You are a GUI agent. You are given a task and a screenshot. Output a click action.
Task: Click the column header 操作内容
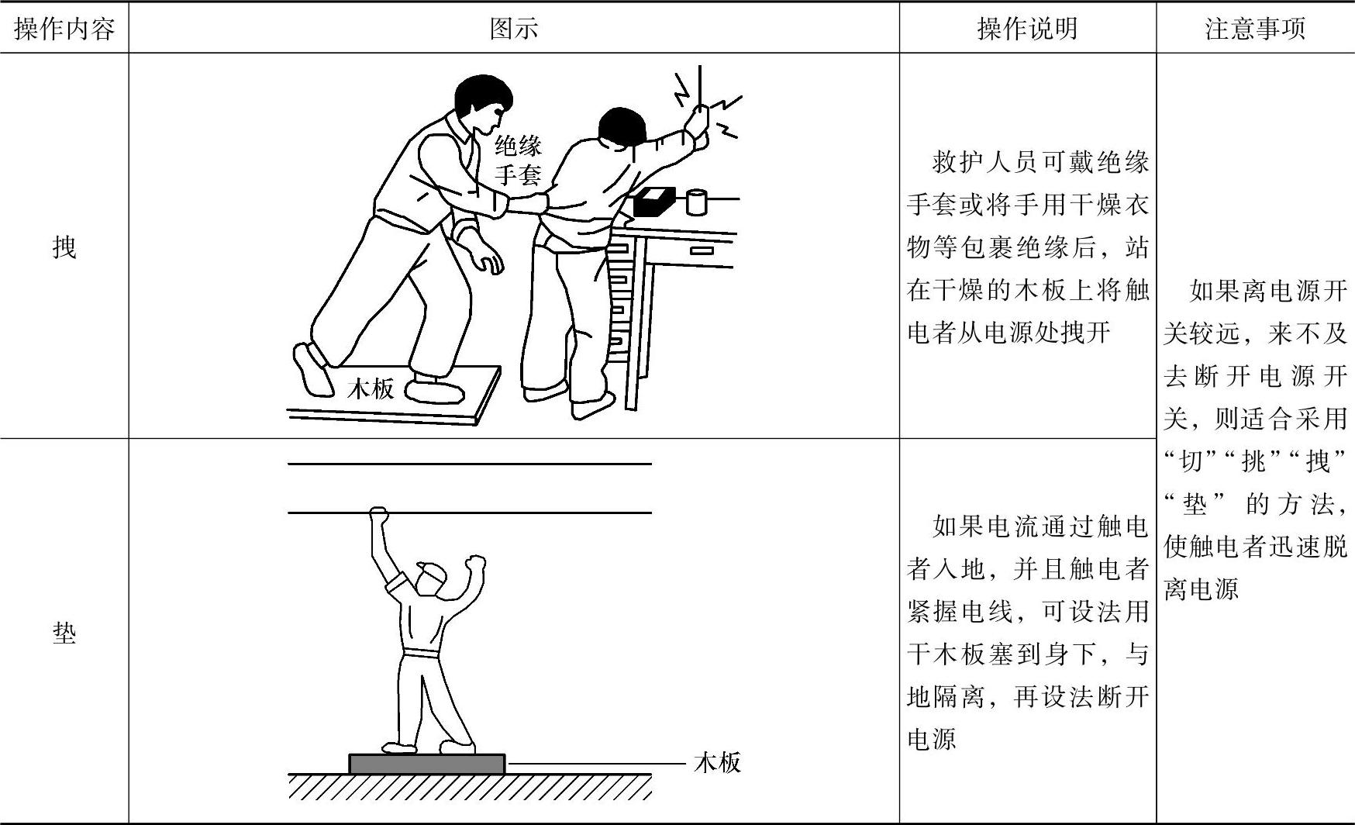64,29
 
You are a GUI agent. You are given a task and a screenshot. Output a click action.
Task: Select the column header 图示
514,29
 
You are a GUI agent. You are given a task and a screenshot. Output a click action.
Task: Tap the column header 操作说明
1027,29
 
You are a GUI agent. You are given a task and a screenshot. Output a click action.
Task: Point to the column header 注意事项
1255,29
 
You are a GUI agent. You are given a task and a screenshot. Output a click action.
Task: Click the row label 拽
64,247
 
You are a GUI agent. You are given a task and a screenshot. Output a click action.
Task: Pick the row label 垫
64,633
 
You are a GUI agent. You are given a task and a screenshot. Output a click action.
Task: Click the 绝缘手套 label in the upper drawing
519,159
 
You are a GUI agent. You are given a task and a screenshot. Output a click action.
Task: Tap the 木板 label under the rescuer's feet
371,388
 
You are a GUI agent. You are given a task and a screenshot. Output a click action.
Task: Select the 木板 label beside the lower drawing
718,762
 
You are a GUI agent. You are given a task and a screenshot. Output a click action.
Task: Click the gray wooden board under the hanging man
427,764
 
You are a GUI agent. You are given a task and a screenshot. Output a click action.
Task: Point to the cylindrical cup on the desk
696,201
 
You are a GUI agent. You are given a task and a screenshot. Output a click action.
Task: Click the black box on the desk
655,202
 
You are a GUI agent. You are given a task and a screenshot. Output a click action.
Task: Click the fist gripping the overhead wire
378,515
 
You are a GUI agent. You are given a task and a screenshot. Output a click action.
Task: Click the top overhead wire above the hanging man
470,464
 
